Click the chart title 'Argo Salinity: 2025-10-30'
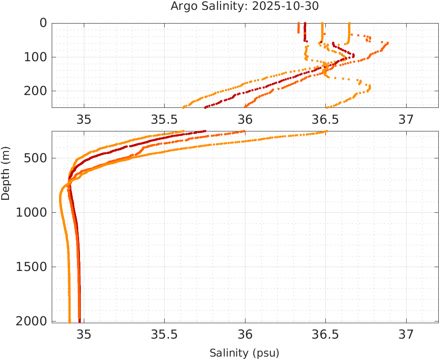coord(245,6)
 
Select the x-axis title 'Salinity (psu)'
coord(244,353)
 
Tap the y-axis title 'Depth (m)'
coord(6,173)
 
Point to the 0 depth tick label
coord(43,23)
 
